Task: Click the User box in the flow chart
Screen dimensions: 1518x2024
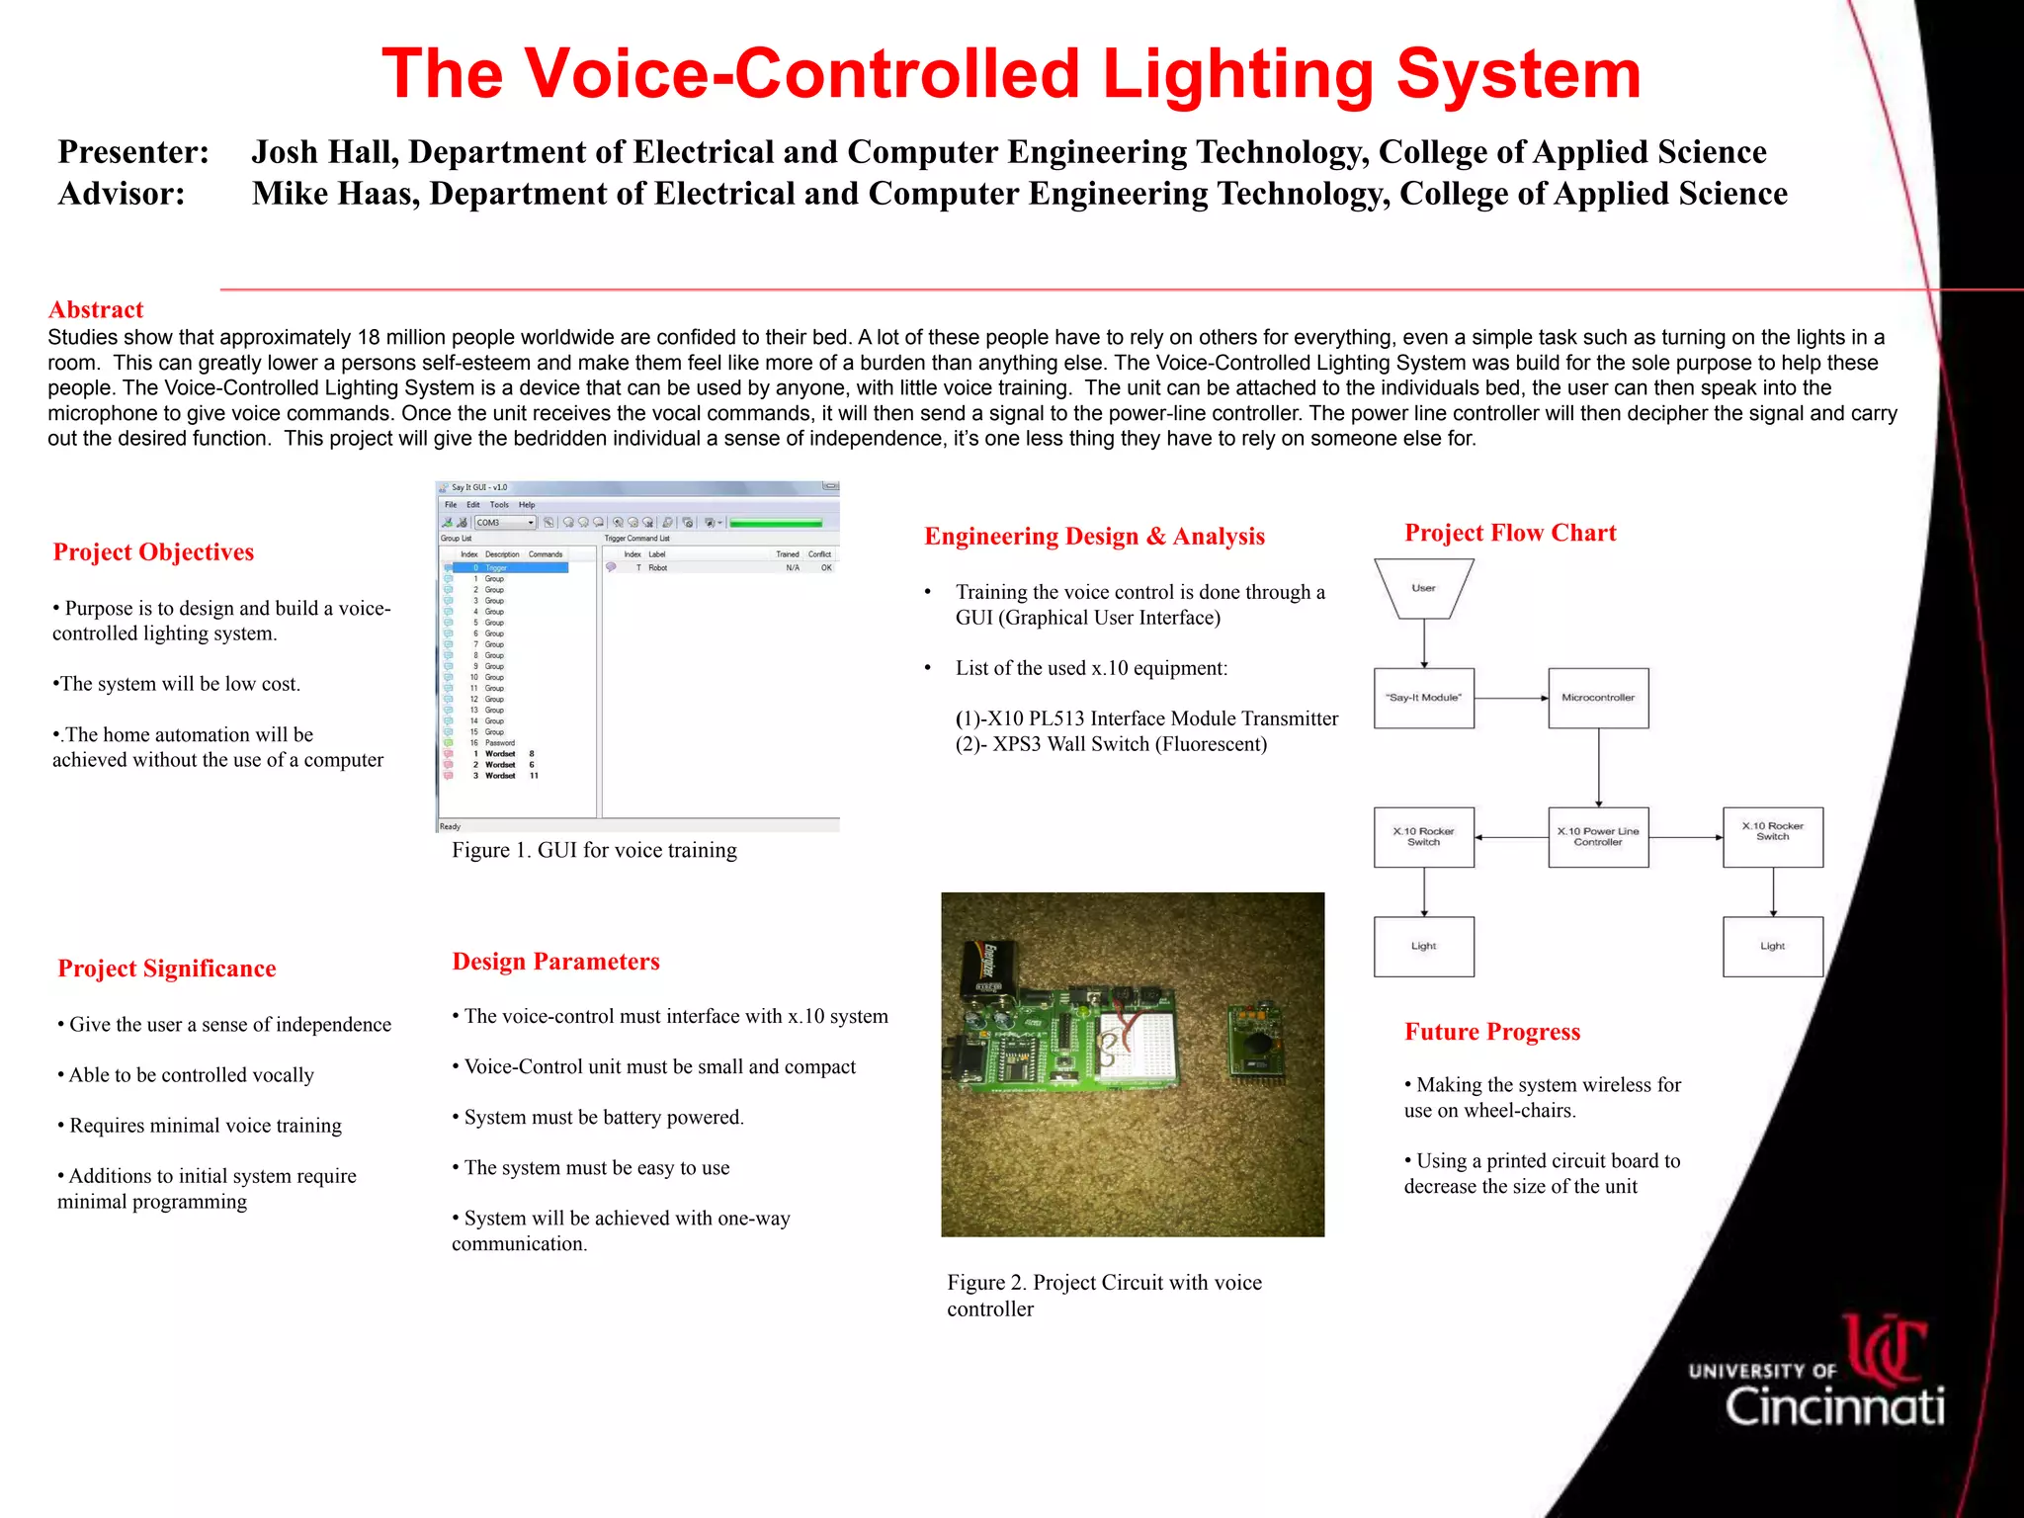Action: click(1423, 588)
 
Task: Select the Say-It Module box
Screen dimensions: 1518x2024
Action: click(1423, 698)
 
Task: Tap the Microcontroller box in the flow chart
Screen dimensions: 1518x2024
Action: click(1598, 698)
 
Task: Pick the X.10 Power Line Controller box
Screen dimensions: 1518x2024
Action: click(1598, 837)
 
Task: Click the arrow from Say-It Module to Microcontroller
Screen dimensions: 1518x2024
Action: click(1511, 698)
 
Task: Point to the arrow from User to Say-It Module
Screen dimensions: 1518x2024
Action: click(1424, 643)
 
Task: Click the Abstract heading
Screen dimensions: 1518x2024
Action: click(96, 309)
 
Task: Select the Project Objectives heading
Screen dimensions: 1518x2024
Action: click(153, 551)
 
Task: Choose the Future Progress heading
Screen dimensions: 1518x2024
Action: click(1492, 1032)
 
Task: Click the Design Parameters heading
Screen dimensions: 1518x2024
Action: click(555, 962)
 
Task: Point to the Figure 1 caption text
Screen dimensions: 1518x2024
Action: click(594, 850)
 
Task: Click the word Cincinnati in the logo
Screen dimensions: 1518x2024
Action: click(1835, 1405)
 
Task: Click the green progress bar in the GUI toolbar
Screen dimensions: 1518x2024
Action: click(776, 523)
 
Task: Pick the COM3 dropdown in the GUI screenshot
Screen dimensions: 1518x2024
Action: click(505, 523)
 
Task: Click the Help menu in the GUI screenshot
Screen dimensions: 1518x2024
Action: click(527, 505)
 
